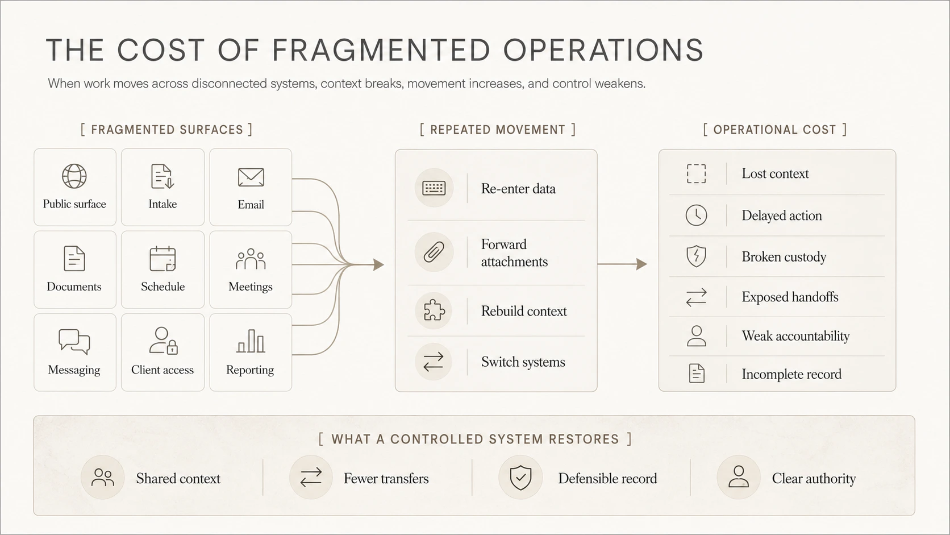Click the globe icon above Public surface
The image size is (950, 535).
[x=74, y=176]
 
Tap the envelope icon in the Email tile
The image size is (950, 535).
[x=251, y=177]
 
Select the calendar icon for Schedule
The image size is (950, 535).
[x=163, y=258]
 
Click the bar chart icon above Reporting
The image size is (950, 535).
[x=250, y=341]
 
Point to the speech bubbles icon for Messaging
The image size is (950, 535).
[x=74, y=342]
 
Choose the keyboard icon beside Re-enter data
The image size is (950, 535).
[x=434, y=188]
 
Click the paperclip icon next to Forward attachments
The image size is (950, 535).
[x=434, y=252]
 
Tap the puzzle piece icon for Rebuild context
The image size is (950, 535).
[x=434, y=310]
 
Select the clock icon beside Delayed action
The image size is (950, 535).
[x=696, y=215]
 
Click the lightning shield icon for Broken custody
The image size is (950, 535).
[x=696, y=256]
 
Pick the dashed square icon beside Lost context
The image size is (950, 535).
[x=696, y=173]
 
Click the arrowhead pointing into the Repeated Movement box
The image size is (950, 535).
[x=378, y=265]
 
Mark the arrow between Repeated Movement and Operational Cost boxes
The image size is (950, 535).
[x=622, y=264]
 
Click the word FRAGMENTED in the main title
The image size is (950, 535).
[x=381, y=50]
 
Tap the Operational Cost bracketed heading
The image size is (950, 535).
[x=774, y=130]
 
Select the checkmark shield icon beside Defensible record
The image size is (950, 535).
[x=520, y=478]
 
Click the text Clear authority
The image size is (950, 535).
[x=814, y=478]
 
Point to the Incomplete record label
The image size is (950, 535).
[x=791, y=374]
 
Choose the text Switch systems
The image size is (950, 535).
[x=523, y=362]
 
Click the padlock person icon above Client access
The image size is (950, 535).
[x=163, y=340]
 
